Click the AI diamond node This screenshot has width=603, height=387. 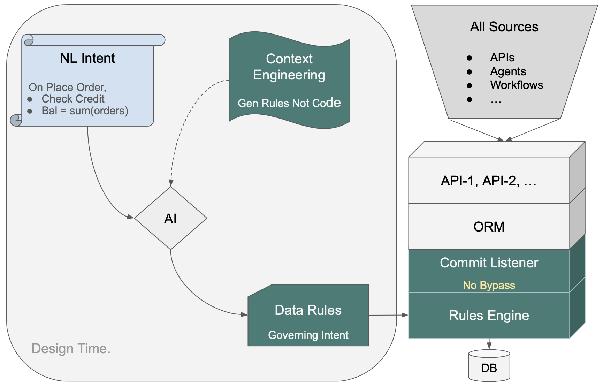(x=170, y=219)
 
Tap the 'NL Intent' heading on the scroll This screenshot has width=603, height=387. (x=87, y=58)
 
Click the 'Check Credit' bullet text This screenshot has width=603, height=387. (x=73, y=99)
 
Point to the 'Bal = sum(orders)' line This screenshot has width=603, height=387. (x=85, y=111)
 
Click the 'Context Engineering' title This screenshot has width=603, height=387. (x=289, y=67)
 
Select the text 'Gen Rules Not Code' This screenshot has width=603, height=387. (x=289, y=103)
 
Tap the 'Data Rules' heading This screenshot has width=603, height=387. (x=308, y=310)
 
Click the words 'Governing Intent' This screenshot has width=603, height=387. (x=308, y=335)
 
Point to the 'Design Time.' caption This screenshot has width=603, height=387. (x=71, y=349)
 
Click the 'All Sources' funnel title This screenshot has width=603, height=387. (x=504, y=27)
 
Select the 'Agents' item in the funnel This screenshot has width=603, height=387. (x=508, y=71)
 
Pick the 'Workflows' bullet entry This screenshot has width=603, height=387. (x=516, y=85)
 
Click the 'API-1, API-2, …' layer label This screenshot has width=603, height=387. (x=489, y=181)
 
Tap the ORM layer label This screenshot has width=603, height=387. (x=489, y=227)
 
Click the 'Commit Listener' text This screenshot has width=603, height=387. (x=489, y=263)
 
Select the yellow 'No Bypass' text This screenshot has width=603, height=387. (x=489, y=285)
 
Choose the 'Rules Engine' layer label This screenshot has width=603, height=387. (x=489, y=316)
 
